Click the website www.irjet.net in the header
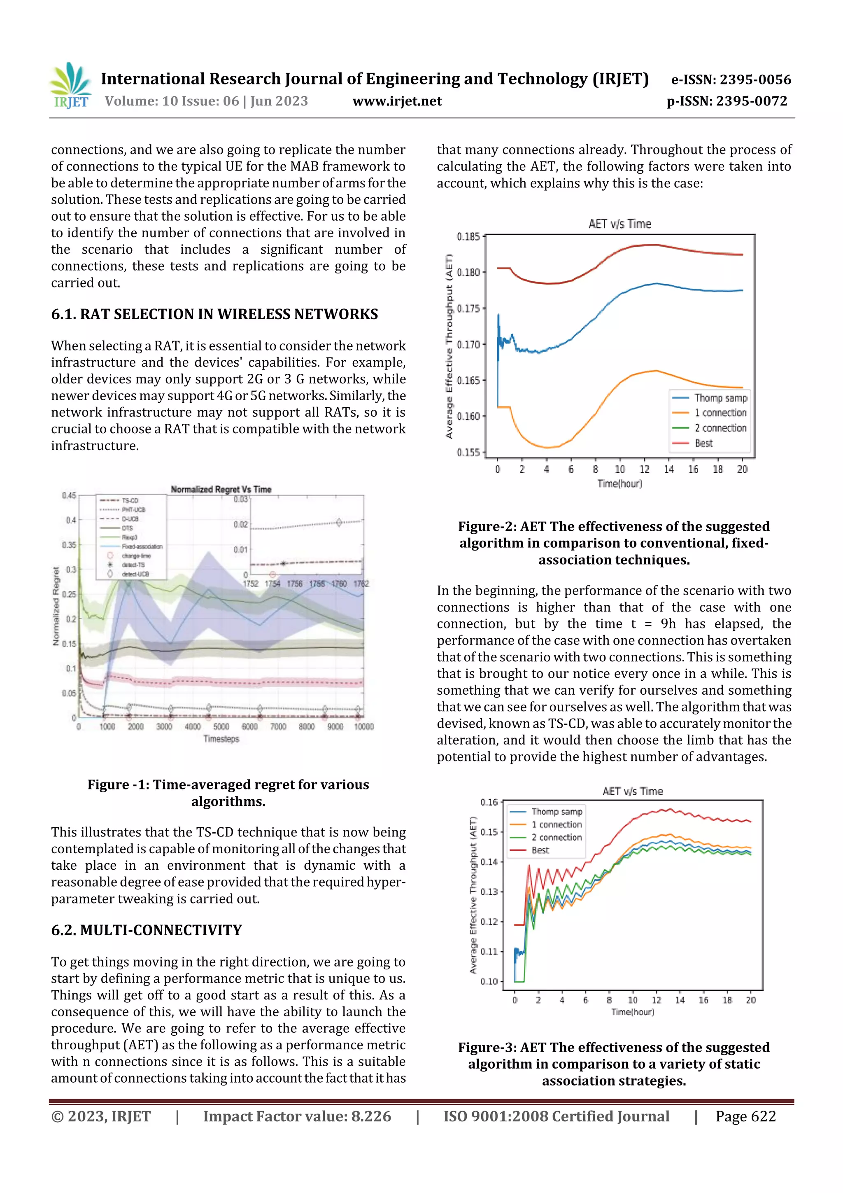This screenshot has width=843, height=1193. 397,101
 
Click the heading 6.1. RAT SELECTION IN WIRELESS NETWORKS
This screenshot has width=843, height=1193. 214,314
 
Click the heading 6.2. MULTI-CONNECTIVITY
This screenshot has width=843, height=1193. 147,930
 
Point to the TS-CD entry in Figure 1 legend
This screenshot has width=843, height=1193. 130,501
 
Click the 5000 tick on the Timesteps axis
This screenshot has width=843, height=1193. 221,727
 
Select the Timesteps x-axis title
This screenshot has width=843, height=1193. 221,739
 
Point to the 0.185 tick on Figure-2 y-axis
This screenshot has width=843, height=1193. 468,237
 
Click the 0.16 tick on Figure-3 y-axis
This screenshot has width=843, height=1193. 489,802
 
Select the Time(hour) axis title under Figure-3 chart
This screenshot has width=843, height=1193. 632,1012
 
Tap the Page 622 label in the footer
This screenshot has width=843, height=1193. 745,1117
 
